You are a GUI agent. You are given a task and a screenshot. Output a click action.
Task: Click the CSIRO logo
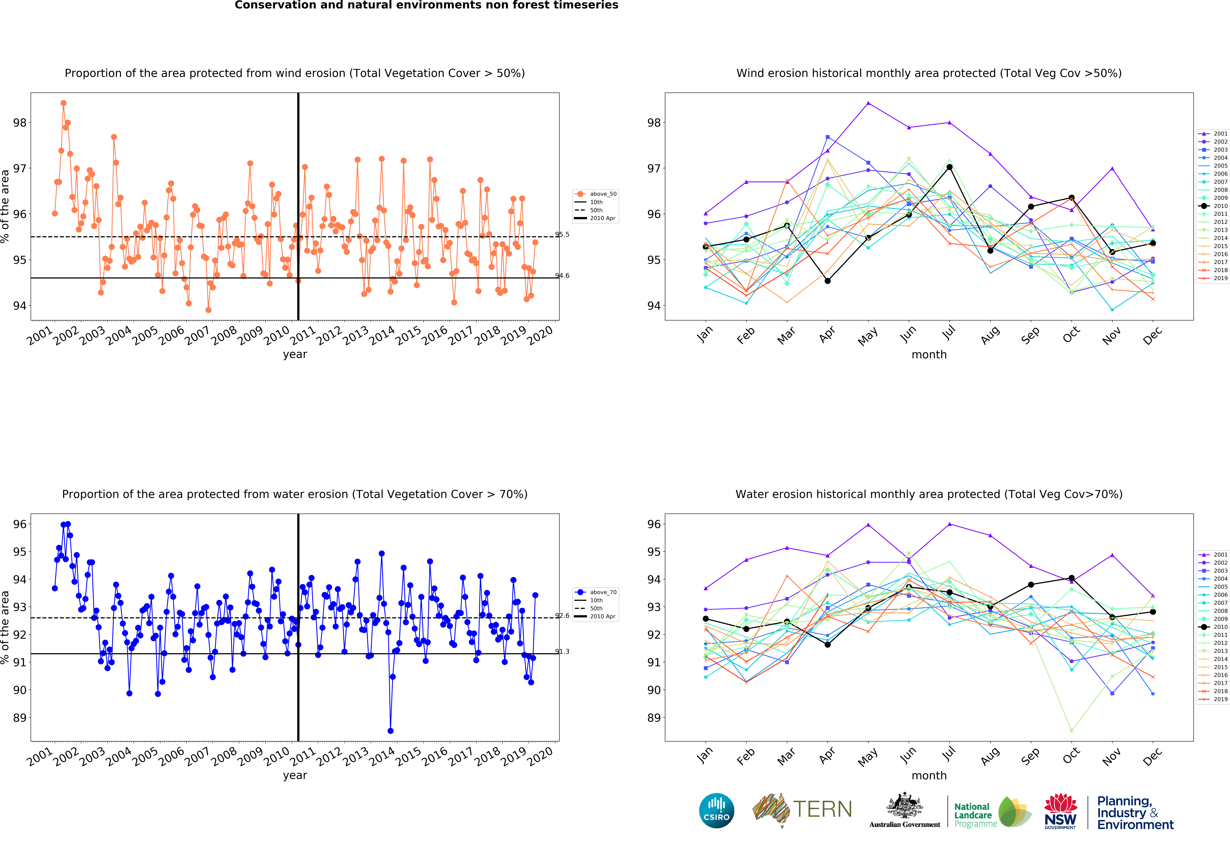click(x=717, y=810)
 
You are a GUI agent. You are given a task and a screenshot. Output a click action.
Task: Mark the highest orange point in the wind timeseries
click(x=63, y=103)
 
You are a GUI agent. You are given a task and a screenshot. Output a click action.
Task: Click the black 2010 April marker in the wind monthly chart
click(x=827, y=281)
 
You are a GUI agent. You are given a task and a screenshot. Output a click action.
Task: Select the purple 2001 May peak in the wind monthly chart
click(x=868, y=103)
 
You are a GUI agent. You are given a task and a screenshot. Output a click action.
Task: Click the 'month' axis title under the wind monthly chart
click(x=929, y=355)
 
